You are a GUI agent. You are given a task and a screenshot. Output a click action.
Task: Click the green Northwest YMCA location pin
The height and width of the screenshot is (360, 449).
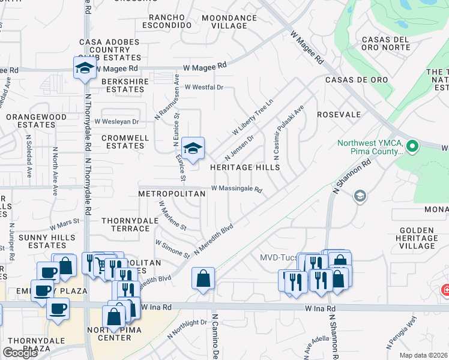click(412, 146)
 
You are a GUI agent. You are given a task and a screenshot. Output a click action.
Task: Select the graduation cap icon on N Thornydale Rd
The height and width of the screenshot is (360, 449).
click(85, 68)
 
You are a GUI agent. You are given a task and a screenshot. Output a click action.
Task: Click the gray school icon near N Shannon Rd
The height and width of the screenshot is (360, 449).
click(359, 196)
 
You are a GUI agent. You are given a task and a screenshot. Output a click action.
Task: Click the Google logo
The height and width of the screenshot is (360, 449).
click(20, 353)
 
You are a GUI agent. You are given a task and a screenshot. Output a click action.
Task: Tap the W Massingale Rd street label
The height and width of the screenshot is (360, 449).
click(237, 190)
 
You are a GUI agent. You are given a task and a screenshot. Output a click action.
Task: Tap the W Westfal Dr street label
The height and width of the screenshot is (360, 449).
click(203, 88)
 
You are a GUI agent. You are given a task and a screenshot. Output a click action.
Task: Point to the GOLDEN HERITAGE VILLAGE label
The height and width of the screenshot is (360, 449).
click(417, 238)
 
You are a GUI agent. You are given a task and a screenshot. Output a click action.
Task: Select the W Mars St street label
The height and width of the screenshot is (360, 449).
click(64, 225)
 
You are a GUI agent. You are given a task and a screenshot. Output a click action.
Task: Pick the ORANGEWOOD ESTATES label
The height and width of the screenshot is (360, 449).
click(36, 121)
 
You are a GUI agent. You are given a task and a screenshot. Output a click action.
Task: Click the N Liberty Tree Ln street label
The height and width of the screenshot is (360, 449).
click(253, 117)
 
